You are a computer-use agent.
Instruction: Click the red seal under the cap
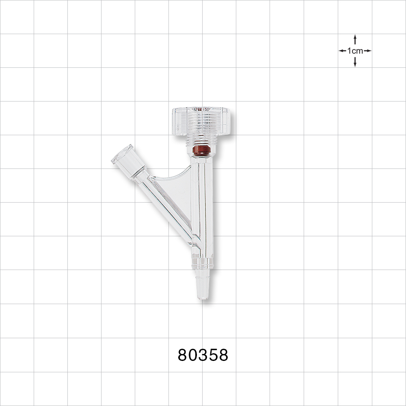(201, 151)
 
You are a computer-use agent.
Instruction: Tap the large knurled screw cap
(201, 121)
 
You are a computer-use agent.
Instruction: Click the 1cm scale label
(355, 51)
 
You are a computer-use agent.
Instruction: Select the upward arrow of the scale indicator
(355, 39)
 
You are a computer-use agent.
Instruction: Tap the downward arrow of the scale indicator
(355, 63)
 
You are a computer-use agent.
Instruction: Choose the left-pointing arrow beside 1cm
(342, 51)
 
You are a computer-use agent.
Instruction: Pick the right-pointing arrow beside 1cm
(368, 51)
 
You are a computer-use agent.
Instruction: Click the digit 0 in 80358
(193, 355)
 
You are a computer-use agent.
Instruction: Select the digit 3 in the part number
(203, 355)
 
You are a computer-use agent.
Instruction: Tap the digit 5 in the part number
(213, 355)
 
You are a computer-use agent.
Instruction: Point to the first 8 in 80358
(183, 355)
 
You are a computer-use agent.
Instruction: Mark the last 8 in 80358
(223, 355)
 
